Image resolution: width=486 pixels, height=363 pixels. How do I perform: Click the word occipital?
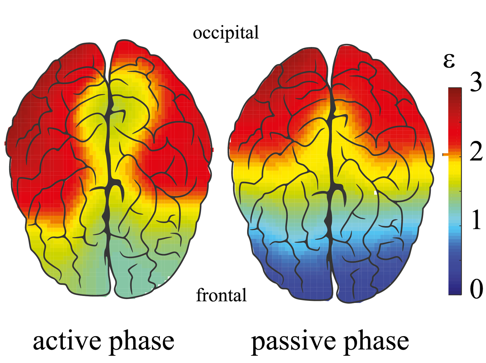click(226, 33)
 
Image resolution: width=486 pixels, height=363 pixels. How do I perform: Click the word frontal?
click(221, 295)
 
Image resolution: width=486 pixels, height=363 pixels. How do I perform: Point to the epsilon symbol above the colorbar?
click(449, 61)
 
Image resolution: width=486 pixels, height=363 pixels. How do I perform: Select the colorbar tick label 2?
click(476, 152)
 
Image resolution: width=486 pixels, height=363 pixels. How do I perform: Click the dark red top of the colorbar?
click(455, 93)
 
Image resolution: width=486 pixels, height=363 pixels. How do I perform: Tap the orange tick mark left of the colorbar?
click(445, 154)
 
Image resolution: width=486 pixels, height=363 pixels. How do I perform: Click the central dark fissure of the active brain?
click(108, 164)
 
